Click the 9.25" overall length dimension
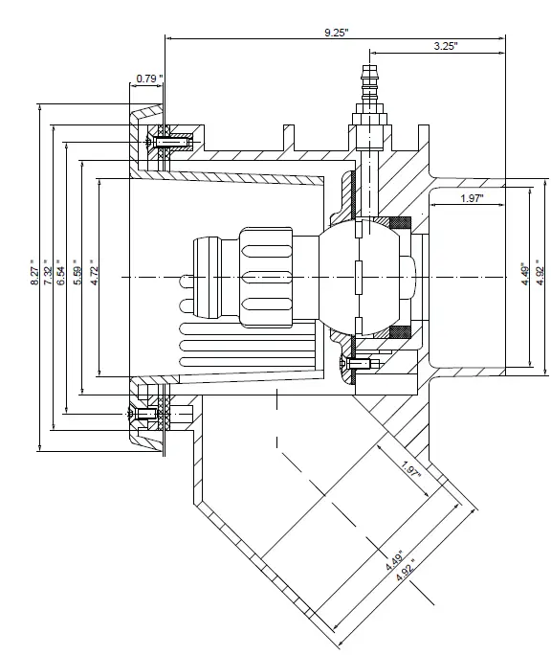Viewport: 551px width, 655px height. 336,32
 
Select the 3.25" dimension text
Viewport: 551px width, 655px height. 445,45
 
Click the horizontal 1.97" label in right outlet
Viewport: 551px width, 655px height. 471,198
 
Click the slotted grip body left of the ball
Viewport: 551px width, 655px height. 273,277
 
